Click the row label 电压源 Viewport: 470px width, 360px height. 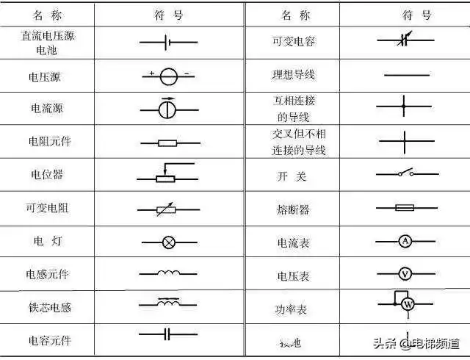coord(46,74)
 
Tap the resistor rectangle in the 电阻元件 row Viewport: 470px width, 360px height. coord(168,143)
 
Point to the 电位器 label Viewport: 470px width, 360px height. coord(46,175)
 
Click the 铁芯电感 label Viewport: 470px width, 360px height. coord(48,307)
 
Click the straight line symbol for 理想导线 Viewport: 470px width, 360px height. coord(407,75)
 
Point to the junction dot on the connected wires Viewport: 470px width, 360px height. coord(403,107)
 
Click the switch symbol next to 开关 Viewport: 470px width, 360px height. coord(406,174)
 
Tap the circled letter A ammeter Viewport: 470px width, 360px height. coord(405,241)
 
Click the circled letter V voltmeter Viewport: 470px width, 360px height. coord(405,273)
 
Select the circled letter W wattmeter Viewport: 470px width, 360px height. coord(410,304)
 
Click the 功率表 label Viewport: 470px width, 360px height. coord(293,309)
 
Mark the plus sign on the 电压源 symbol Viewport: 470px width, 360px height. coord(151,72)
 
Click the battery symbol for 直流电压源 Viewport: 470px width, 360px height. coord(168,43)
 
